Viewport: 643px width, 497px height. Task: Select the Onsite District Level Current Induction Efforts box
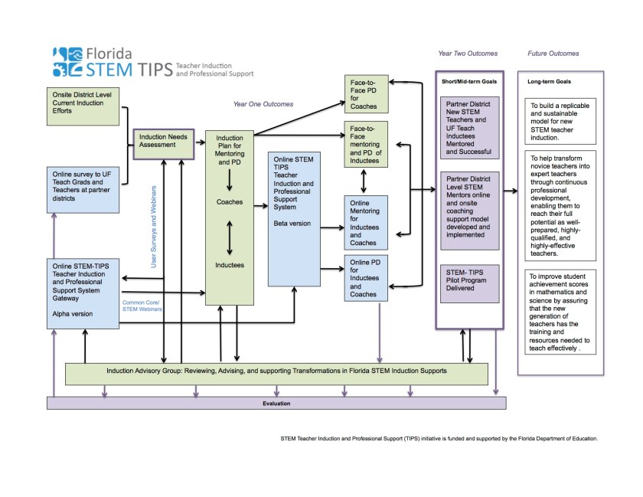point(81,106)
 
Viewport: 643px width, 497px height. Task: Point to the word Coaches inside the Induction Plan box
point(229,202)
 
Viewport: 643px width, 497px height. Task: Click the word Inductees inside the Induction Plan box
point(229,265)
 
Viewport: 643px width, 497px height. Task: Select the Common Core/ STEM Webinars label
point(142,305)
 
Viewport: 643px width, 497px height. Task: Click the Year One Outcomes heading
point(264,103)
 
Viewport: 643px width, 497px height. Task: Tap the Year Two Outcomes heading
point(468,54)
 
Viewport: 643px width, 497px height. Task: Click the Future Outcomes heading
point(553,54)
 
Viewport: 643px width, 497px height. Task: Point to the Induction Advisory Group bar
point(276,372)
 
